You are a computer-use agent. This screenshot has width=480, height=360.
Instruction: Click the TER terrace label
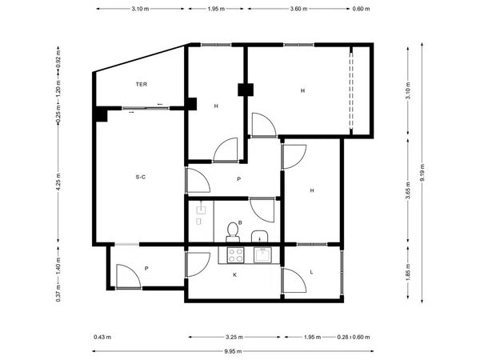click(x=142, y=84)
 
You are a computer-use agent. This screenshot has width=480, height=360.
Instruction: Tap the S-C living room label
click(x=141, y=177)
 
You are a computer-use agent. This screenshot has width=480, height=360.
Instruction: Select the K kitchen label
click(x=234, y=275)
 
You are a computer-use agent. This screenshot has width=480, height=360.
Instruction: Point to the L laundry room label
click(x=312, y=272)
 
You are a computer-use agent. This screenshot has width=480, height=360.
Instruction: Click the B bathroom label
click(x=240, y=222)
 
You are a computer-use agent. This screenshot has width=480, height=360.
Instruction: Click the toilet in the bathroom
click(x=233, y=232)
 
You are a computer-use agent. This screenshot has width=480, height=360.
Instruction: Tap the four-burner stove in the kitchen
click(x=235, y=255)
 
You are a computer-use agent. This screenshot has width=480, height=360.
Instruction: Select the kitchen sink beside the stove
click(x=262, y=255)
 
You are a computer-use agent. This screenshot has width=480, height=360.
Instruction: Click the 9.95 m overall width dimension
click(x=233, y=351)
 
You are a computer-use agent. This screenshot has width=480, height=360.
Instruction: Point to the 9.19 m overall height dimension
click(x=422, y=173)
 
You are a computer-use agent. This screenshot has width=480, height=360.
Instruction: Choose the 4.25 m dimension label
click(x=58, y=181)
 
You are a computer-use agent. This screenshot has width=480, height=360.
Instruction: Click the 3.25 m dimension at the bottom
click(x=234, y=337)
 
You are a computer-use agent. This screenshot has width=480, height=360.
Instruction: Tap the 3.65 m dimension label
click(x=408, y=190)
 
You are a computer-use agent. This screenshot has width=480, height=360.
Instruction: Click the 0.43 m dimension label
click(x=102, y=337)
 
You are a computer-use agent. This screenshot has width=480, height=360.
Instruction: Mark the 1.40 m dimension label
click(x=58, y=266)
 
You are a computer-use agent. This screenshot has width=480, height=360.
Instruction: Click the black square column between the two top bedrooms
click(x=246, y=90)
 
